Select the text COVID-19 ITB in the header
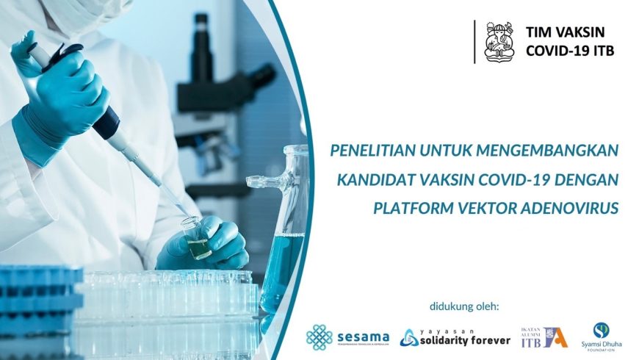569,51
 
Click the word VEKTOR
485,208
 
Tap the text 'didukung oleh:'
463,306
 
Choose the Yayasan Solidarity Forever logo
455,337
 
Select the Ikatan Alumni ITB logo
544,337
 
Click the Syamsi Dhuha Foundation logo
601,336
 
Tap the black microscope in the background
220,88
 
